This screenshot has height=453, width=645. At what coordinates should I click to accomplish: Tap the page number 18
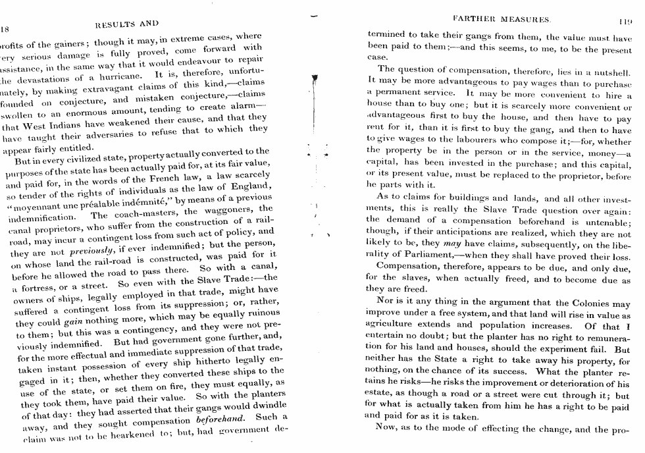(x=6, y=29)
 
